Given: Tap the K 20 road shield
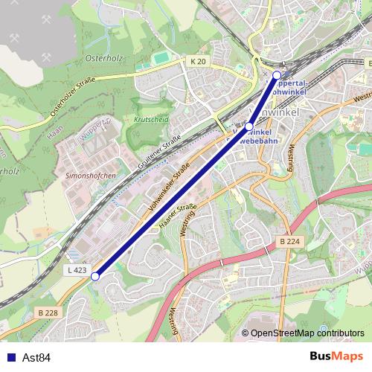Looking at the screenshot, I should click(198, 61).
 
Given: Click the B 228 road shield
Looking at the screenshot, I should click(48, 313).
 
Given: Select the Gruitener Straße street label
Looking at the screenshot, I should click(160, 148).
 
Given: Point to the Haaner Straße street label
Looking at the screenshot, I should click(176, 217).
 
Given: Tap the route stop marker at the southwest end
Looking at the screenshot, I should click(95, 277).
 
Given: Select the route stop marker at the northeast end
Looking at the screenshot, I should click(277, 75).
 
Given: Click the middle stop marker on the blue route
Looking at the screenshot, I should click(249, 127).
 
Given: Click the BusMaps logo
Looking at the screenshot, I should click(336, 357).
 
